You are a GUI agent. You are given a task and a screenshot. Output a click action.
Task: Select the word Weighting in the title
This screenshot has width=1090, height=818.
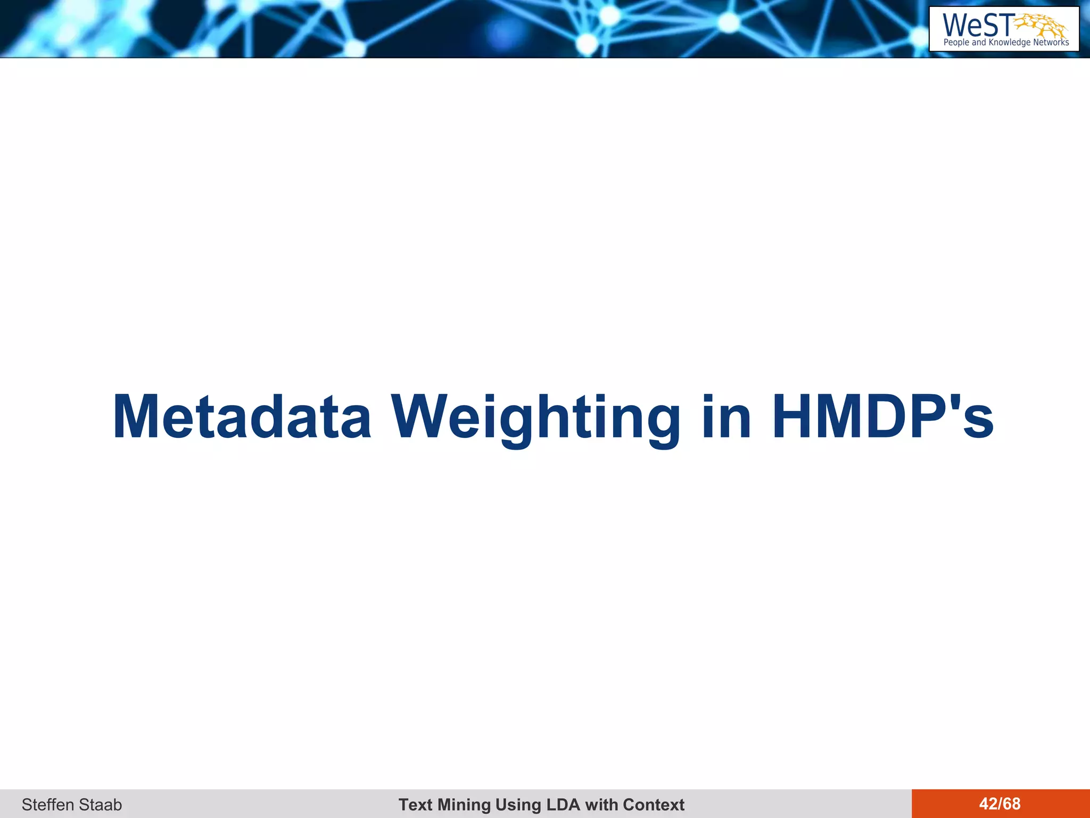click(535, 418)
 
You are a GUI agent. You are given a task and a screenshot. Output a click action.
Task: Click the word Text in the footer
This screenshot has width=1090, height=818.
click(416, 804)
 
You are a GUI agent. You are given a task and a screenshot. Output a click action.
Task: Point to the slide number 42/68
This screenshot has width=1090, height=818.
click(1000, 804)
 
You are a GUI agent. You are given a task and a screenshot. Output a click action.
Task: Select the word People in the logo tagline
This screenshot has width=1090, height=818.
click(956, 43)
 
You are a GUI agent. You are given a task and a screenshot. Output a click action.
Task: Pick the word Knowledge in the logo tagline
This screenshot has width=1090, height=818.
click(1009, 43)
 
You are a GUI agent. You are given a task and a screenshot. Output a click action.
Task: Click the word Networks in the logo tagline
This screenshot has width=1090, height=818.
click(1051, 43)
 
